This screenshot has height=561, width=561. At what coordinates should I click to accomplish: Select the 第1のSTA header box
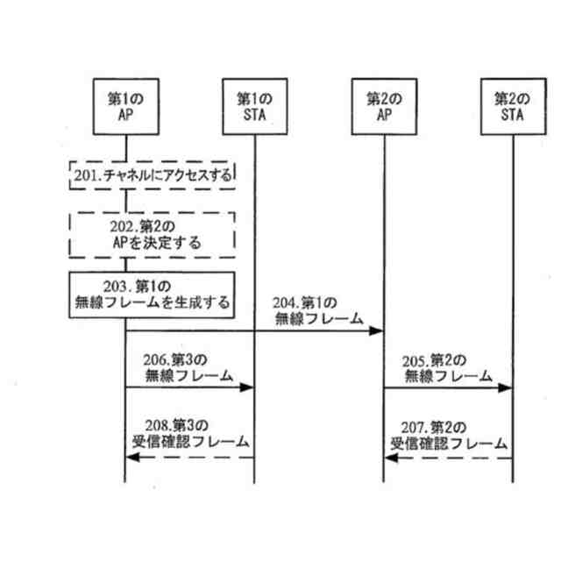click(x=254, y=106)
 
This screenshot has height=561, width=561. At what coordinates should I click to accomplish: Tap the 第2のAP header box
click(x=383, y=106)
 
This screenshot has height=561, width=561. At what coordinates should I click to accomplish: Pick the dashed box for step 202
click(x=153, y=232)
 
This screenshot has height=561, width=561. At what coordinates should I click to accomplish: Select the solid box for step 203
click(x=153, y=295)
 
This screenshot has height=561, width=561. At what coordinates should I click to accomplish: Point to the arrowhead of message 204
click(x=378, y=331)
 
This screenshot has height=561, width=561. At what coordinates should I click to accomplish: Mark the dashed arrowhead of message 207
click(x=389, y=458)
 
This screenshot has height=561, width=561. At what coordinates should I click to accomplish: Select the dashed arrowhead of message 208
click(x=130, y=458)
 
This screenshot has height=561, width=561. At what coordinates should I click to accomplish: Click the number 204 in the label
click(x=288, y=302)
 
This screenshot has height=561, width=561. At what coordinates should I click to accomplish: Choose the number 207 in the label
click(x=417, y=428)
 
